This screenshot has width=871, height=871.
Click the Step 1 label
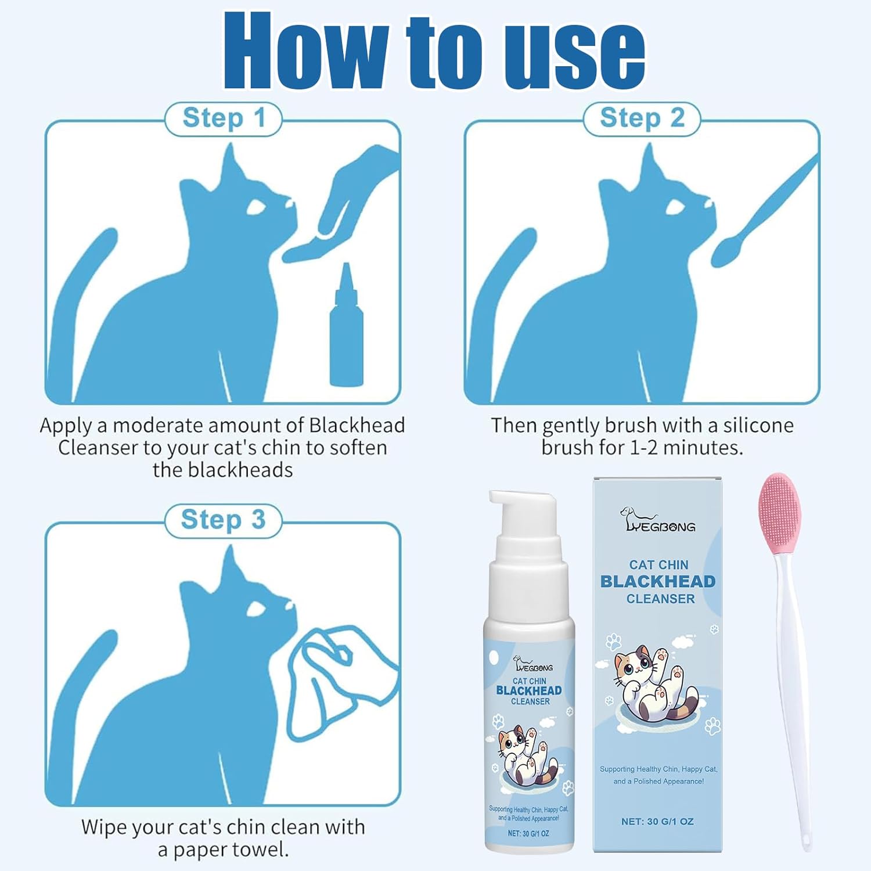pyautogui.click(x=224, y=118)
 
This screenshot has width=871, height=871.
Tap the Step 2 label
pyautogui.click(x=642, y=118)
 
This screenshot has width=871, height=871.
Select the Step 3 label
pyautogui.click(x=224, y=520)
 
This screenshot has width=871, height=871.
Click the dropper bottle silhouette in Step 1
pyautogui.click(x=347, y=325)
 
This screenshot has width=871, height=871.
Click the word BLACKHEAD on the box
pyautogui.click(x=658, y=581)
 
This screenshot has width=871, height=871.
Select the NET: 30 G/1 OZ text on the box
pyautogui.click(x=657, y=822)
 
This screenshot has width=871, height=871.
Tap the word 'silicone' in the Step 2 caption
pyautogui.click(x=758, y=426)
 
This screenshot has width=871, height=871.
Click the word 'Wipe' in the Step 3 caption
pyautogui.click(x=105, y=827)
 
